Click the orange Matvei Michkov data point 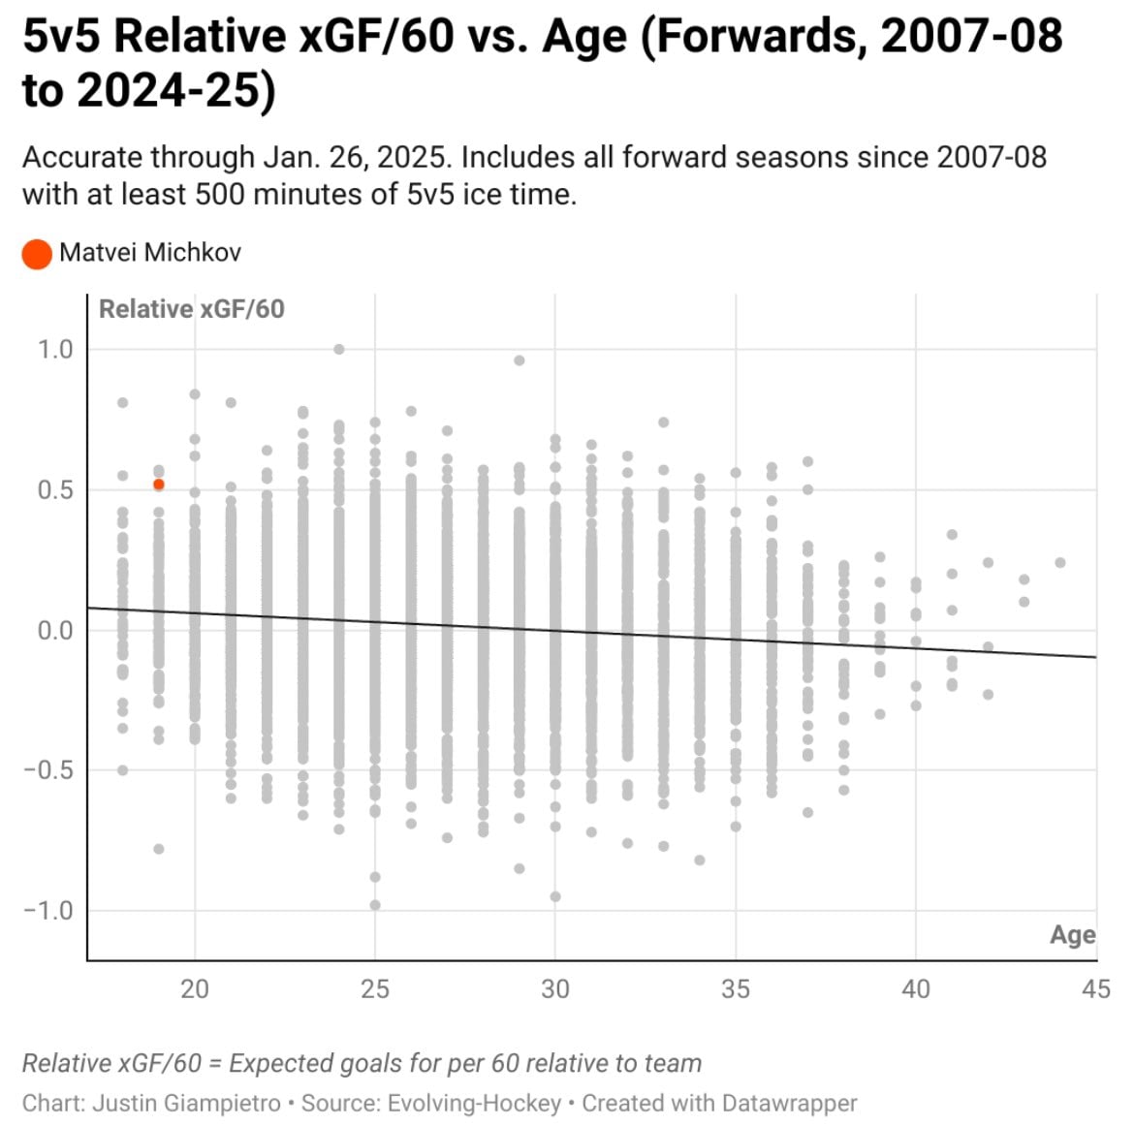click(159, 485)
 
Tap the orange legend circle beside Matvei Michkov click(37, 254)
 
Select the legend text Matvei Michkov click(149, 253)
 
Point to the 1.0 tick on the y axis click(55, 350)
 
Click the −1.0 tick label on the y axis click(48, 911)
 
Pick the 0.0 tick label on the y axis click(55, 631)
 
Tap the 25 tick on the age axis click(375, 989)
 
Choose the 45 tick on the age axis click(1095, 989)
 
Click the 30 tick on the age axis click(555, 989)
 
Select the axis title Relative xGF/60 click(192, 309)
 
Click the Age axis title click(1072, 935)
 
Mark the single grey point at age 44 click(1060, 563)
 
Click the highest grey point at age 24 click(339, 350)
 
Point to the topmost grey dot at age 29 click(520, 360)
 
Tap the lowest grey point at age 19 click(159, 849)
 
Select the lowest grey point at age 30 click(555, 896)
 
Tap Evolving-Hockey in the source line click(474, 1104)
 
